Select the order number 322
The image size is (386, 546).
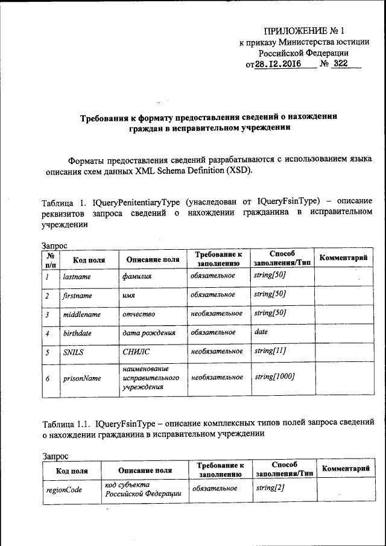pyautogui.click(x=341, y=64)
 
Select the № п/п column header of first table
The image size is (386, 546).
pyautogui.click(x=50, y=259)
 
